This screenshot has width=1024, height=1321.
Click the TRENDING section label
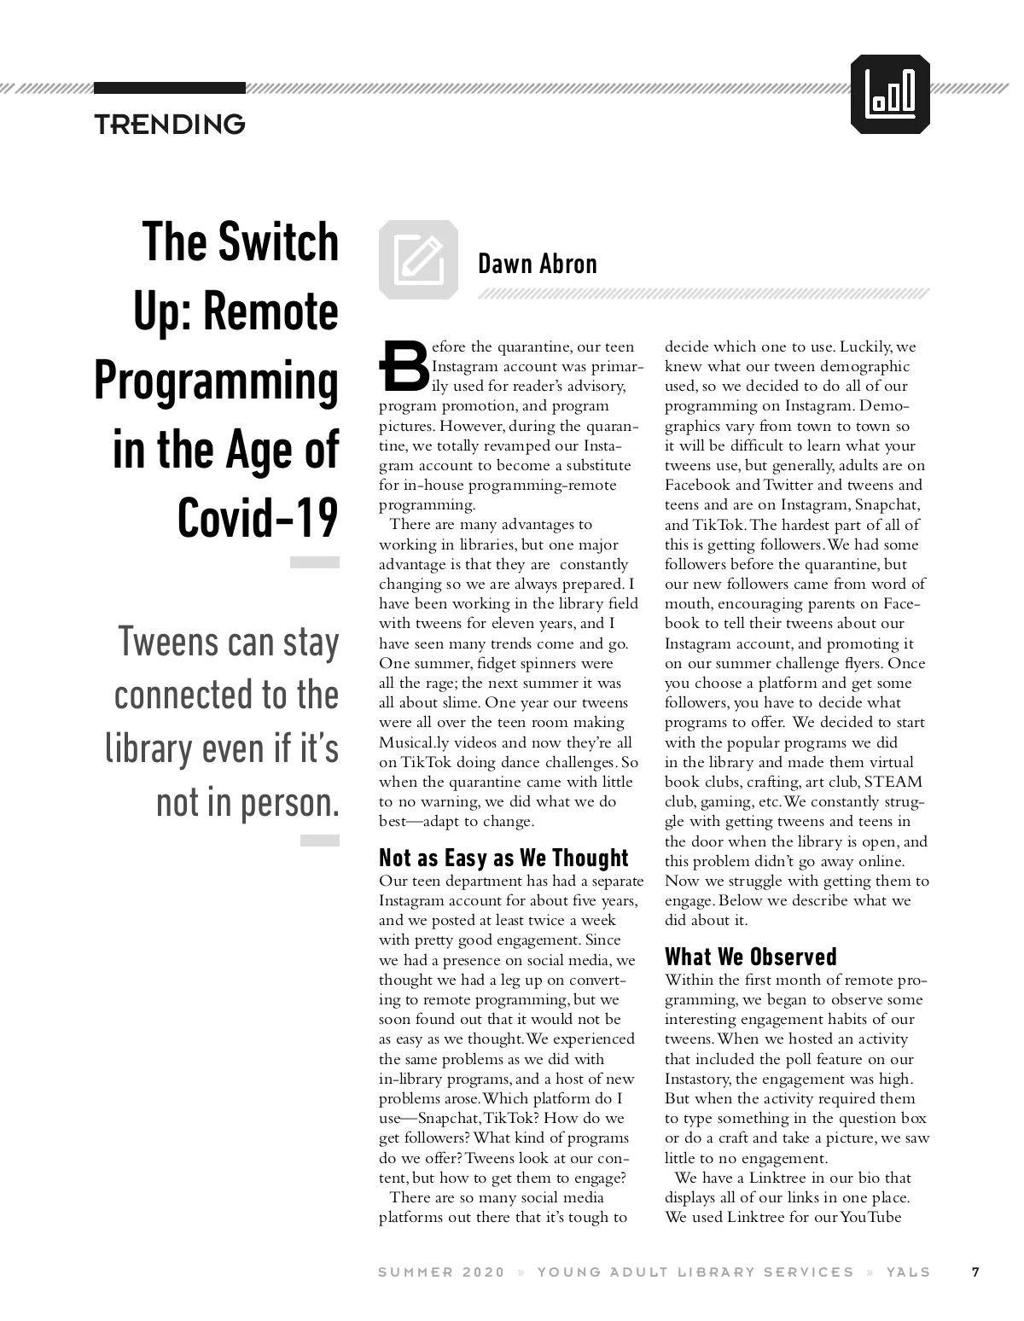click(x=170, y=125)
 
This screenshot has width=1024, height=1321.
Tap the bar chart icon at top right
click(x=890, y=94)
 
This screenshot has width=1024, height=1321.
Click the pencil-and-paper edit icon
click(x=418, y=259)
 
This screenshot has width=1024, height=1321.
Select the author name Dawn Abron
click(x=537, y=264)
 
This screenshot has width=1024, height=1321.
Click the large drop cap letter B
click(x=403, y=366)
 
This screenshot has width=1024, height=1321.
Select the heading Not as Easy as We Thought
click(x=503, y=858)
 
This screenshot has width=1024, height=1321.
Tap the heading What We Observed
click(x=751, y=957)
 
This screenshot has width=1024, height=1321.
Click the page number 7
click(x=975, y=1272)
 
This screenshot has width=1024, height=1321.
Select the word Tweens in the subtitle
click(x=169, y=642)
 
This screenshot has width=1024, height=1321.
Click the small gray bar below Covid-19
click(x=314, y=562)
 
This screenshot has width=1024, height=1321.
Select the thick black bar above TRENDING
click(x=169, y=88)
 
